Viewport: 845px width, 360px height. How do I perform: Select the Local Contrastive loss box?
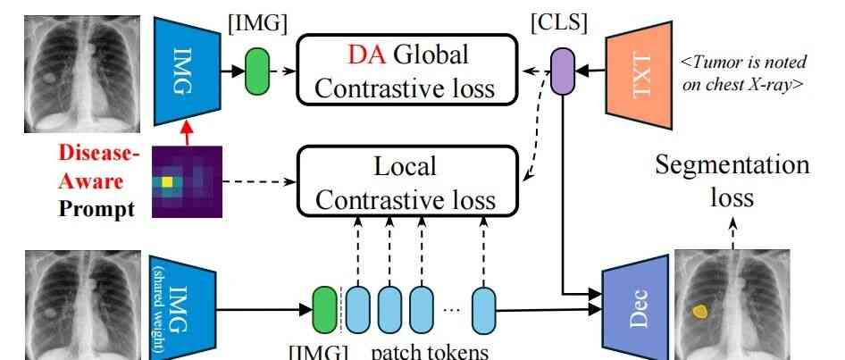[407, 181]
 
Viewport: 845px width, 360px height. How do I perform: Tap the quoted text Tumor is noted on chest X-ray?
[744, 72]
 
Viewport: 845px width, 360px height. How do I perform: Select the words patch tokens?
[430, 350]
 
